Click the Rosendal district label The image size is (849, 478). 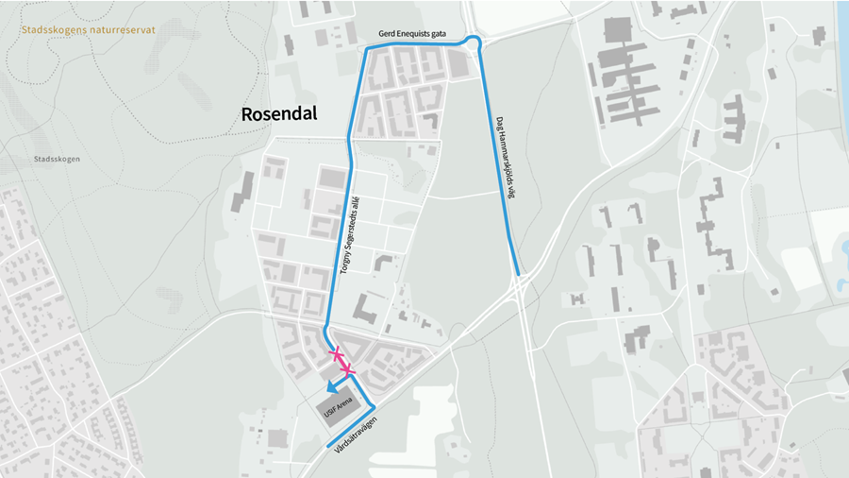coord(279,114)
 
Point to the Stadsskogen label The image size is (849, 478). coord(56,159)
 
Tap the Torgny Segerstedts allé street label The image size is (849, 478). coord(349,235)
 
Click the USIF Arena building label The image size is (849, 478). coord(337,409)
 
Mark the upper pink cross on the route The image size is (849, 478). coord(335,354)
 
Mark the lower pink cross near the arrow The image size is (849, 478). coord(347,369)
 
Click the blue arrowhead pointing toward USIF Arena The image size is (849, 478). coord(331,386)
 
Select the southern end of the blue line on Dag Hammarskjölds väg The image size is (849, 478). coord(517,273)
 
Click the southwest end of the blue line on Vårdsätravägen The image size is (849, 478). coord(327,446)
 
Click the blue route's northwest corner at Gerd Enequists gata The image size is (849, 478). coord(368,49)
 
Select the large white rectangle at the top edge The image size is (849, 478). coord(517,14)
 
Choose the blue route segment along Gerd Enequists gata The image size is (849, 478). coord(415,45)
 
